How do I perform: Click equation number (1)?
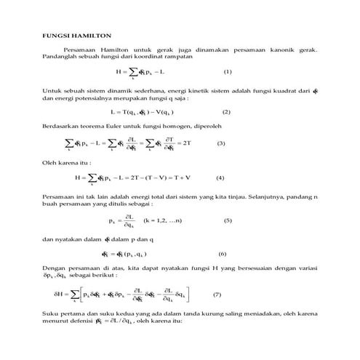coord(227,72)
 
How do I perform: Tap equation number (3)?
coord(222,143)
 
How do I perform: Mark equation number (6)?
coord(222,254)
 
